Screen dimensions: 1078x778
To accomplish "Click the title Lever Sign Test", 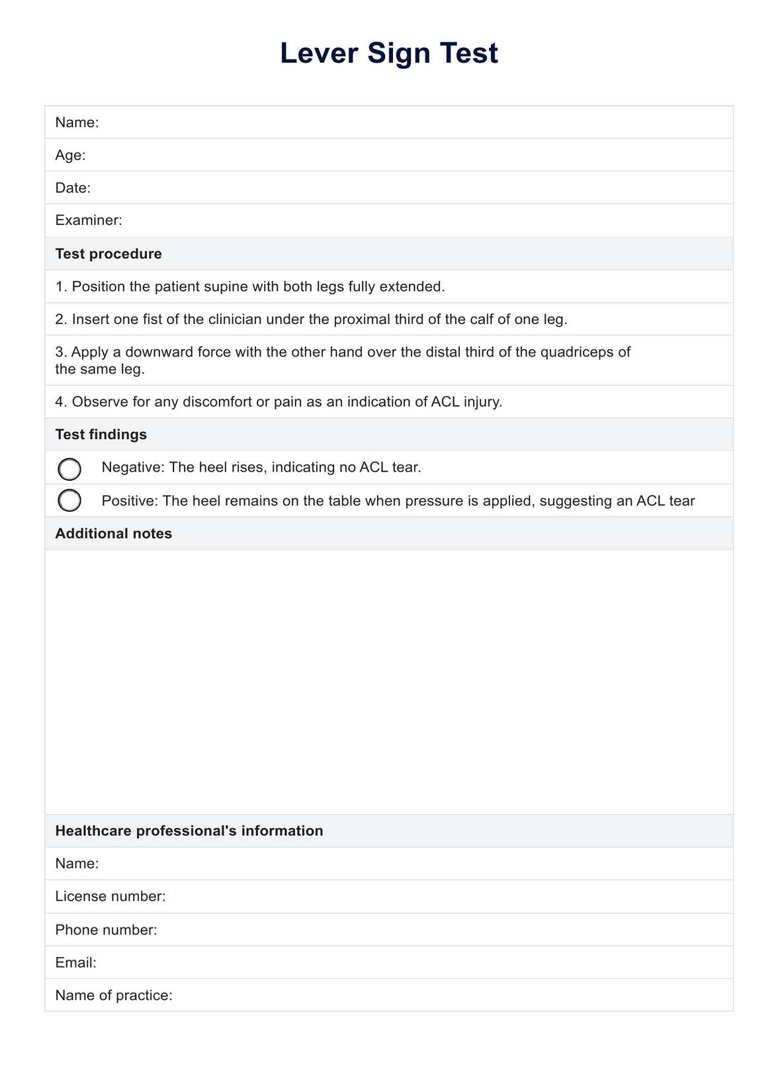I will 388,54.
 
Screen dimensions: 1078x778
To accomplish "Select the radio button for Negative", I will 69,469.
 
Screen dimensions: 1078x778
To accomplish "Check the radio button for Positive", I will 69,501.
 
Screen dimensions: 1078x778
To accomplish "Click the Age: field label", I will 70,155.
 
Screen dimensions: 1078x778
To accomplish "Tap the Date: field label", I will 73,188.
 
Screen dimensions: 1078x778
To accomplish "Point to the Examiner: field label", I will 89,220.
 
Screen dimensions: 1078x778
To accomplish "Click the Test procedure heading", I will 108,254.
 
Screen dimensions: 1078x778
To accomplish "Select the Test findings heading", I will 101,435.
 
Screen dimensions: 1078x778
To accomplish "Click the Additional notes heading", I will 114,534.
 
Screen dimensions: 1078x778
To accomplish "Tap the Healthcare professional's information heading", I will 189,831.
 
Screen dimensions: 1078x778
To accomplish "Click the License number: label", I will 110,896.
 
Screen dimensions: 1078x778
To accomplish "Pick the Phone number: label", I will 107,930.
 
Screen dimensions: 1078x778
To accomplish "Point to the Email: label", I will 76,962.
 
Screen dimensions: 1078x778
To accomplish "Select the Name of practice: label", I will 114,995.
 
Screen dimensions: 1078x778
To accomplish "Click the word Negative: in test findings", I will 133,468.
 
